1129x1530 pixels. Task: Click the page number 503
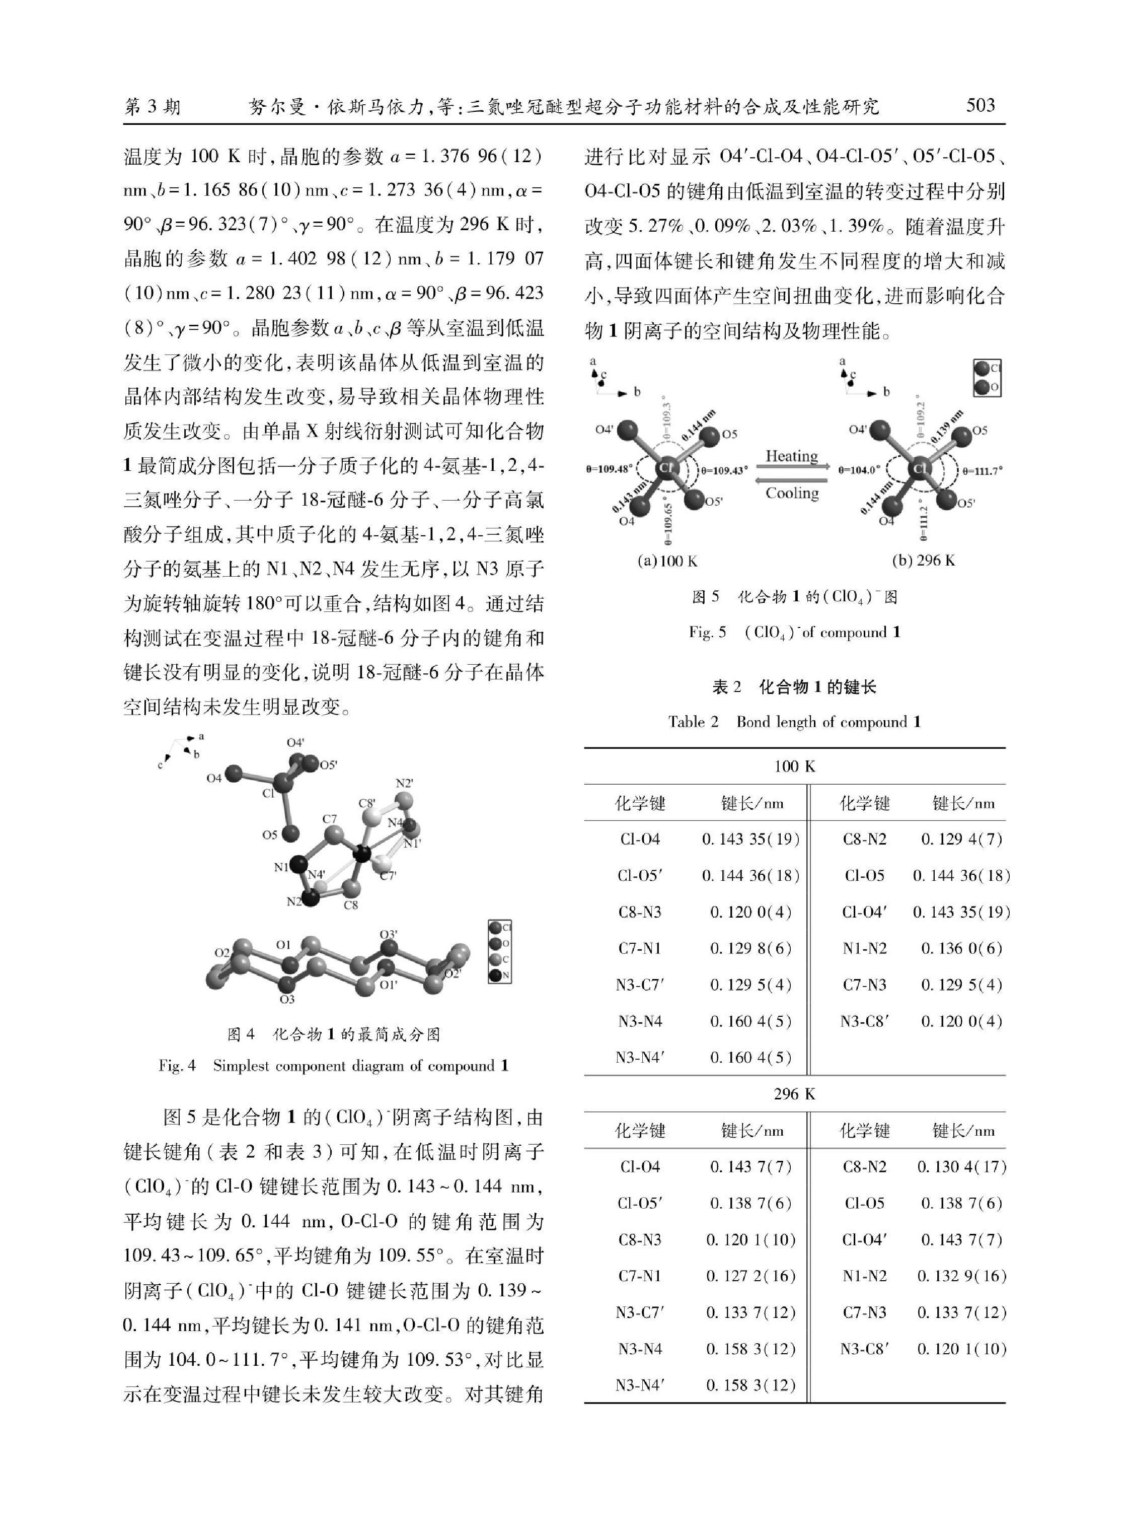pyautogui.click(x=980, y=105)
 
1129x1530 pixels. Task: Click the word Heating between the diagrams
pyautogui.click(x=791, y=455)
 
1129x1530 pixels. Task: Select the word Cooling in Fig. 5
pyautogui.click(x=791, y=493)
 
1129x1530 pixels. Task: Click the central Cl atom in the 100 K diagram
pyautogui.click(x=665, y=468)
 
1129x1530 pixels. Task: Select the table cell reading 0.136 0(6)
pyautogui.click(x=961, y=948)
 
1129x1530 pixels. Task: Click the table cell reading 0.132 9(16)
pyautogui.click(x=961, y=1276)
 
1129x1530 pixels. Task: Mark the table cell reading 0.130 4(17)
pyautogui.click(x=961, y=1166)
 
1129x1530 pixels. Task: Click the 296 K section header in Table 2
pyautogui.click(x=794, y=1094)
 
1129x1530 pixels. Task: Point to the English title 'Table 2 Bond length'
pyautogui.click(x=794, y=722)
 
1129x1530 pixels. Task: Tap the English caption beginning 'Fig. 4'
pyautogui.click(x=334, y=1066)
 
